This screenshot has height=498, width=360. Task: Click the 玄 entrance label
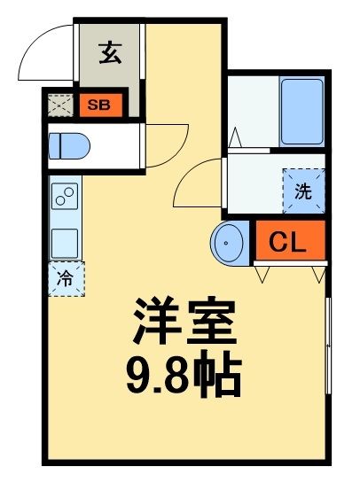tap(110, 54)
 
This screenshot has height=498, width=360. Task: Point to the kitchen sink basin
tap(66, 240)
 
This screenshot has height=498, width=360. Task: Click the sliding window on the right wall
tap(328, 346)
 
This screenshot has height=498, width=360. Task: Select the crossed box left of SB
tap(59, 105)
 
